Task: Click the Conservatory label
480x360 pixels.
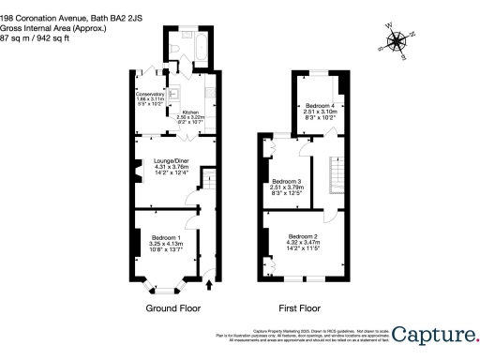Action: point(151,95)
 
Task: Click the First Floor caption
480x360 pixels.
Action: point(300,307)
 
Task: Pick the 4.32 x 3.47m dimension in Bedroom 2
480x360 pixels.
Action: point(304,242)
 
